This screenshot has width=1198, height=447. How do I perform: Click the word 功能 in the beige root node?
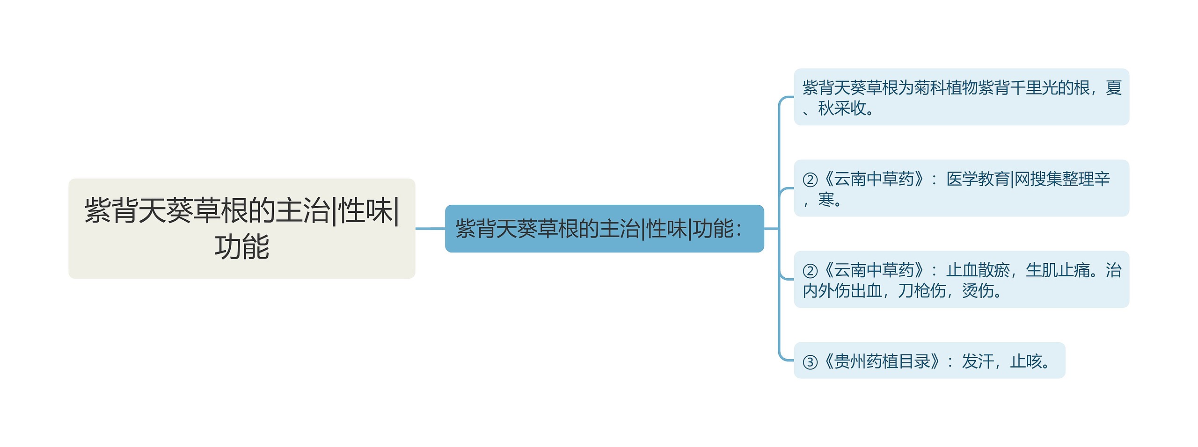pos(242,247)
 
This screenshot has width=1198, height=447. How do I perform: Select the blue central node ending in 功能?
pos(604,229)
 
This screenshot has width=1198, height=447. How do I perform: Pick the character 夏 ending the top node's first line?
pos(1114,88)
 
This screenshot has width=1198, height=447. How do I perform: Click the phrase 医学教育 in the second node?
pos(978,179)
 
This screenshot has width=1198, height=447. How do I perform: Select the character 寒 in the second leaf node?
pos(826,200)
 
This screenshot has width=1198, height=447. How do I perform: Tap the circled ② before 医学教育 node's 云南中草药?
pos(810,180)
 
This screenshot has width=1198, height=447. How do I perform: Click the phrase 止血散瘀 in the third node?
pos(978,270)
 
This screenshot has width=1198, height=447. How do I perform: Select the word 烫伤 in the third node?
pos(978,291)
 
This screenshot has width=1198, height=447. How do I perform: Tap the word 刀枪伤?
pos(921,291)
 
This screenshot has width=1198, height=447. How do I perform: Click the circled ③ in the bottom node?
pos(810,362)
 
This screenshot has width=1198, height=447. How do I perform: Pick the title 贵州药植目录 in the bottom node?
pos(882,361)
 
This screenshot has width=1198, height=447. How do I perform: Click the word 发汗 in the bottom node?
pos(978,361)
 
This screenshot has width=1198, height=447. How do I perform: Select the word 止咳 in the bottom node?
pos(1026,361)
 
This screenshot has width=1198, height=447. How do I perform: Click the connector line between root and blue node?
pos(430,229)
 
